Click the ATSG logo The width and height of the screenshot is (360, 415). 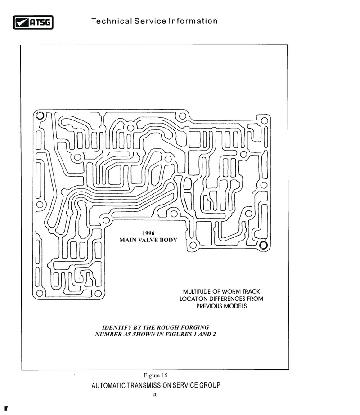pos(33,22)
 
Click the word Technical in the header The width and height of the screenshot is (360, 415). pos(112,21)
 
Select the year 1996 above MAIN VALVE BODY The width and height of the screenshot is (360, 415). pos(148,233)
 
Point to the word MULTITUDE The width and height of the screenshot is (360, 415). pos(197,291)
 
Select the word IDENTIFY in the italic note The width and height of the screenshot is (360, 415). pos(115,327)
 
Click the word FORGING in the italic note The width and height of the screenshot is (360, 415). pos(195,327)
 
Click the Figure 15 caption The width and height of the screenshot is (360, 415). pos(156,375)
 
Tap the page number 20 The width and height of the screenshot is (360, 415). pos(155,394)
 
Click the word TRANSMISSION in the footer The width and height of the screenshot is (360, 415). pos(149,385)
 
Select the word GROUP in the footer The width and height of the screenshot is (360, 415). pos(210,385)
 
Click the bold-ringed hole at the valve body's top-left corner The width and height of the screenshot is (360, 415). pos(40,116)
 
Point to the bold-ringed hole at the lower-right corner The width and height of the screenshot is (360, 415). pos(263,245)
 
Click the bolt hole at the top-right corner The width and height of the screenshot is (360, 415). pos(264,120)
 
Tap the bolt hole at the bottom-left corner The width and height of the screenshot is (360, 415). pos(40,293)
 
